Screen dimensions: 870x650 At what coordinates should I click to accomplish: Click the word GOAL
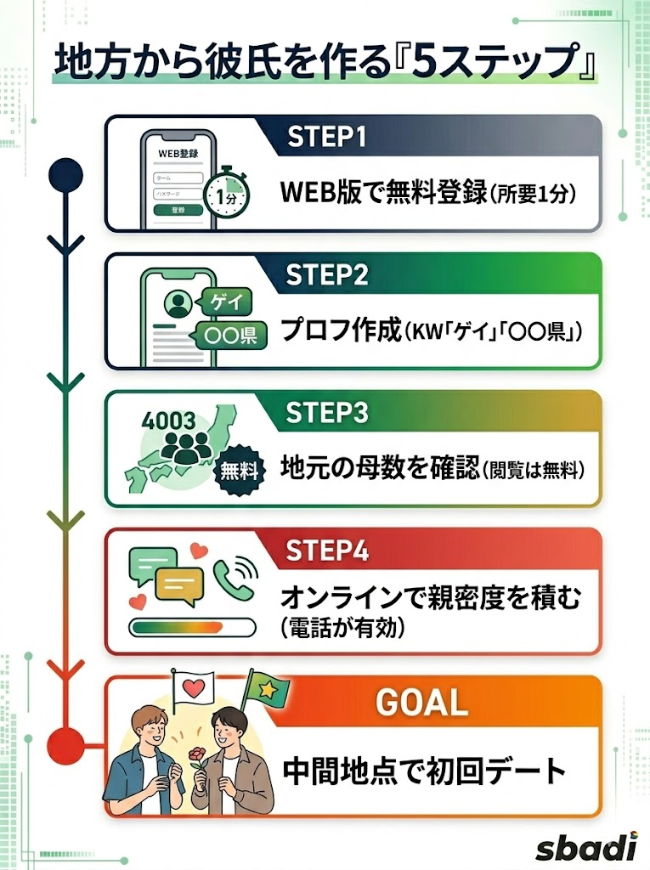[421, 703]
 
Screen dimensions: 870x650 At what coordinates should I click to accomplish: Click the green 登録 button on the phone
[177, 209]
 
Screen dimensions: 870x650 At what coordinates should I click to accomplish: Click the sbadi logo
[586, 847]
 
